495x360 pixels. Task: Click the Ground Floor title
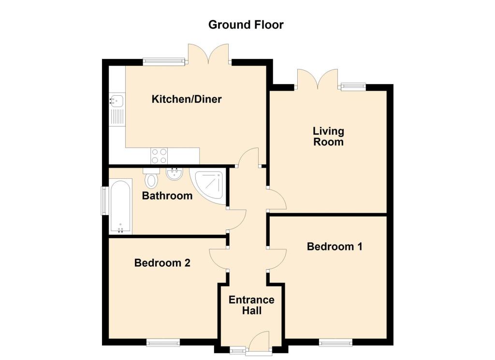click(246, 25)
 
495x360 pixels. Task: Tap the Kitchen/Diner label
click(187, 100)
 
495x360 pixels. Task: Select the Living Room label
click(328, 136)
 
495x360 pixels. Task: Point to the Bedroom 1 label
click(335, 246)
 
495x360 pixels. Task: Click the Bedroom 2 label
click(162, 263)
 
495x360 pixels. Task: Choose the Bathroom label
click(167, 196)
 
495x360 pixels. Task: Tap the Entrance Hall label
click(251, 305)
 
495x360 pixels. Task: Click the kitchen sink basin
click(116, 101)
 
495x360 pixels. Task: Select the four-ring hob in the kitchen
click(160, 156)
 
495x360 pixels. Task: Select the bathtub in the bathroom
click(119, 206)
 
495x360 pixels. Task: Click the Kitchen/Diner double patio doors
click(208, 54)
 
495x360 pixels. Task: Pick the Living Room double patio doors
click(317, 79)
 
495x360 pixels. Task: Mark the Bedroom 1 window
click(335, 343)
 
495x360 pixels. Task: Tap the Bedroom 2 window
click(163, 343)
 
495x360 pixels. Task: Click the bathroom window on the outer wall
click(103, 200)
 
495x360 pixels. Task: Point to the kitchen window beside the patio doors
click(164, 61)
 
